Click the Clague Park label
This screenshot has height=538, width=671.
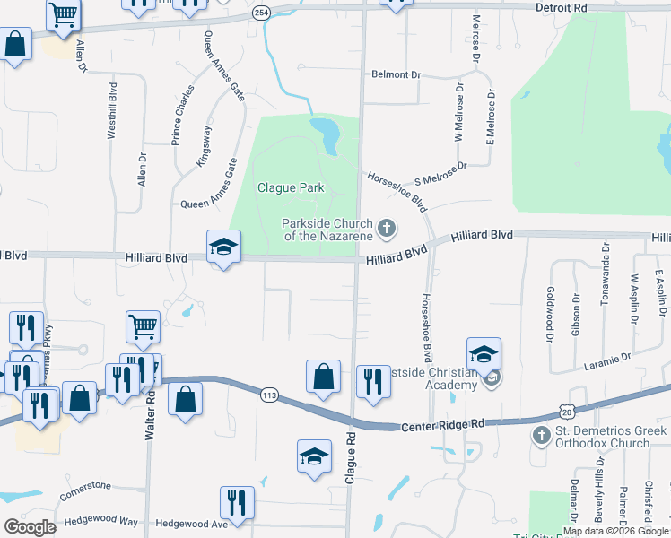coord(290,187)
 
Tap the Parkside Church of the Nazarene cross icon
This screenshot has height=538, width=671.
coord(387,229)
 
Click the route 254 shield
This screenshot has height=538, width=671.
coord(261,13)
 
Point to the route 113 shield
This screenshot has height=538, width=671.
coord(267,395)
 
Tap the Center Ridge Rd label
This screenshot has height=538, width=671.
coord(442,423)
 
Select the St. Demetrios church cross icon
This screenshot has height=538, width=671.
coord(540,436)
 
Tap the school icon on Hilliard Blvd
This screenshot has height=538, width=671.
coord(223,248)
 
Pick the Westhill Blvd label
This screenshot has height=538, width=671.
coord(112,110)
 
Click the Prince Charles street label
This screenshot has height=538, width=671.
coord(183,114)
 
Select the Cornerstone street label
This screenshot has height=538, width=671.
coord(85,486)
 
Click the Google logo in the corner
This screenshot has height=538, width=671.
coord(29,526)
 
